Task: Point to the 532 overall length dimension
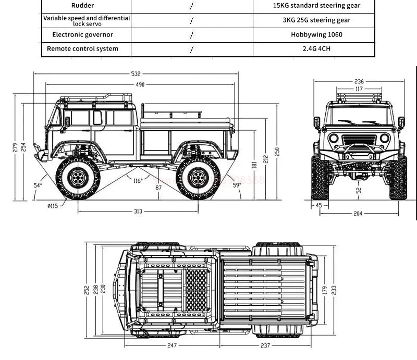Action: pos(137,74)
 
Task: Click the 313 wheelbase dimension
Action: pos(137,211)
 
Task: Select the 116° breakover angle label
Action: pos(138,181)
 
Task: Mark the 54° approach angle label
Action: pos(38,185)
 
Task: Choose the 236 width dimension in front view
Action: pos(359,81)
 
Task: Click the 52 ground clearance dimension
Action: pos(359,190)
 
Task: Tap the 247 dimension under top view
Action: pos(173,345)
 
